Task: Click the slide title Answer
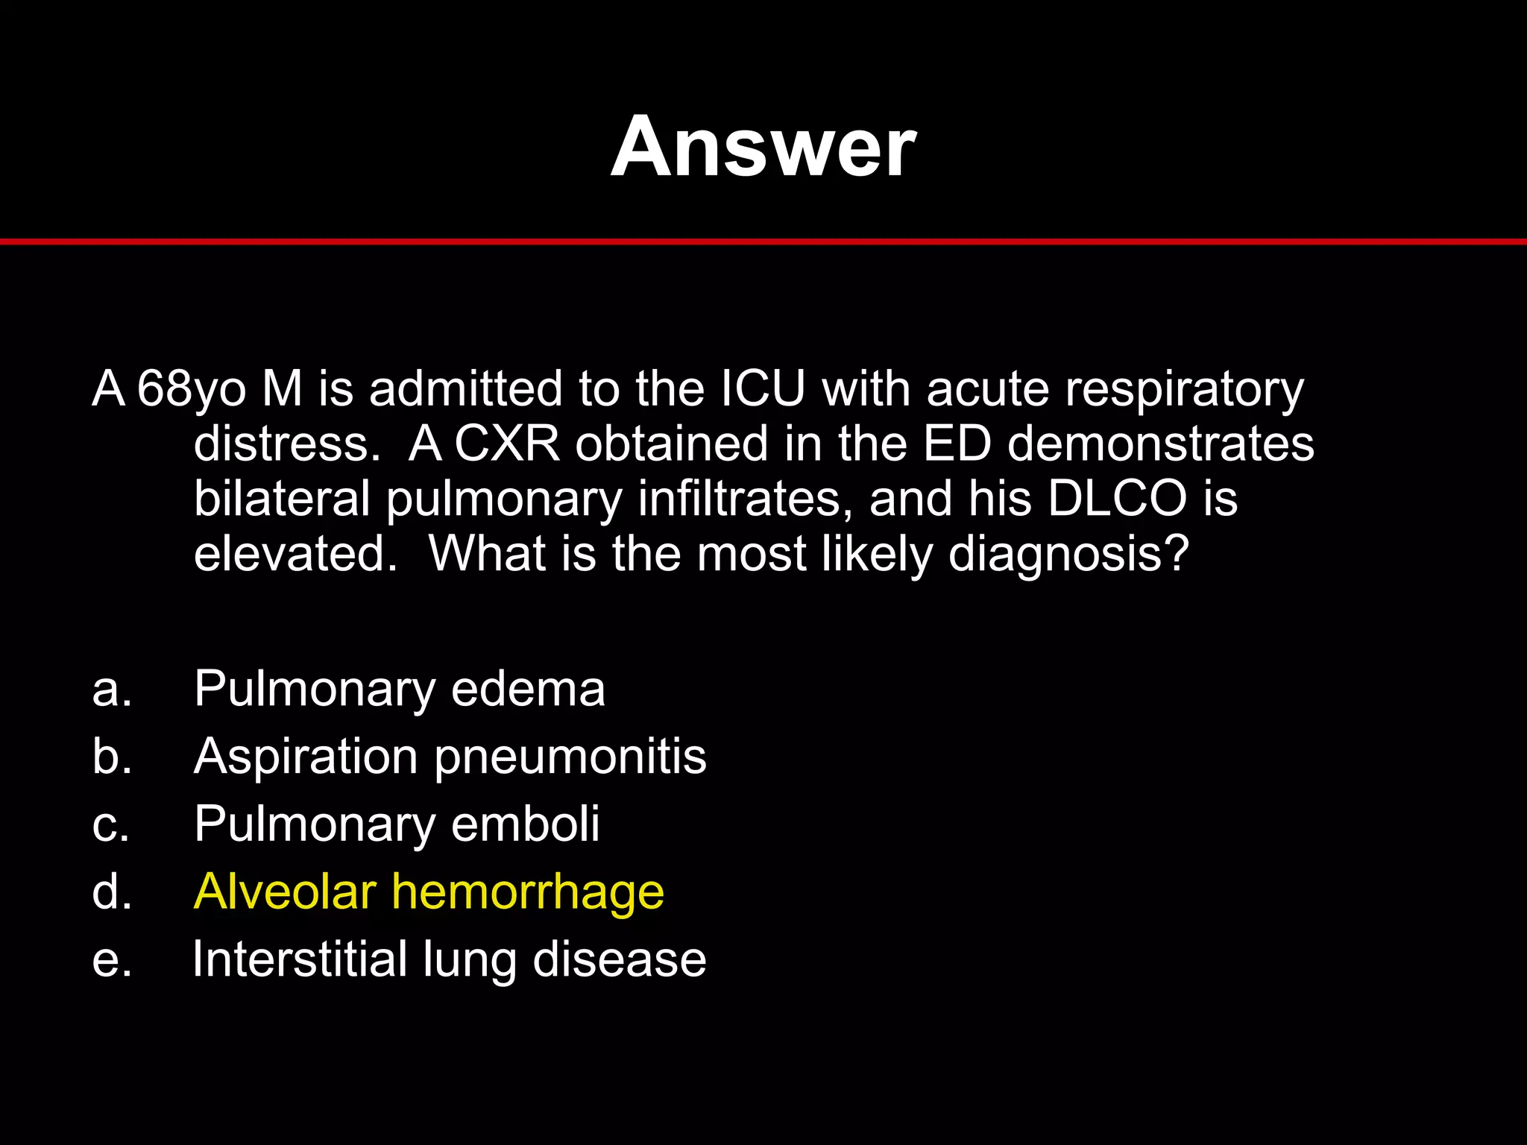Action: (x=763, y=147)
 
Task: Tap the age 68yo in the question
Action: (x=191, y=390)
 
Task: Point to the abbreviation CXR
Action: (x=506, y=444)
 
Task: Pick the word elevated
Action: (x=295, y=553)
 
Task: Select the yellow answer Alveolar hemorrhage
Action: (x=429, y=892)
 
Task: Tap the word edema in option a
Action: (x=528, y=688)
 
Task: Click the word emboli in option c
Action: (x=525, y=824)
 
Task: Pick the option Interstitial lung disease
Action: (x=450, y=959)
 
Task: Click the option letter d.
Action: (x=112, y=892)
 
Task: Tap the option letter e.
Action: (x=112, y=960)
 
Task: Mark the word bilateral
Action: (x=282, y=498)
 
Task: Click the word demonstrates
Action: (x=1160, y=444)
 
